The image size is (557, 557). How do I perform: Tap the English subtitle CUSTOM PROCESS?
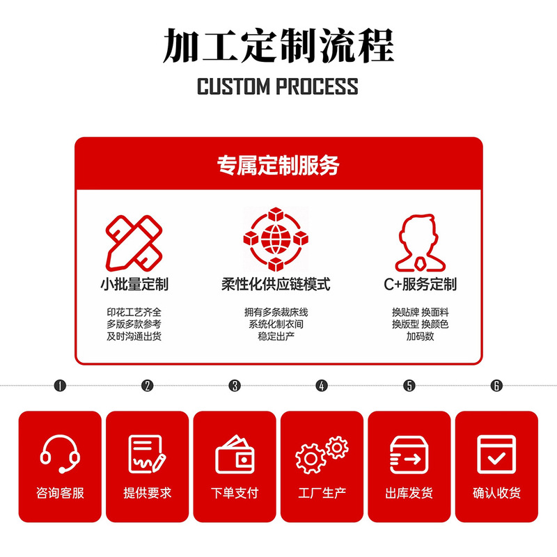(278, 87)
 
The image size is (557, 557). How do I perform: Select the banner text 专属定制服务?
(278, 166)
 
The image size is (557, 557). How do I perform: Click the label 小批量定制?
(134, 285)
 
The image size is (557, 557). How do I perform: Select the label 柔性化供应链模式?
(276, 285)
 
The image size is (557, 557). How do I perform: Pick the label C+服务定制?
(421, 285)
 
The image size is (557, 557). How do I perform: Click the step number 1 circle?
(60, 386)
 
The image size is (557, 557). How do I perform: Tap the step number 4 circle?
(322, 386)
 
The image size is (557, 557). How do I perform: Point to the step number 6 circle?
(496, 386)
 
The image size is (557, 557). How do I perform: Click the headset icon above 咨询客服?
(60, 453)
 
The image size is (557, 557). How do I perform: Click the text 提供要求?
(147, 493)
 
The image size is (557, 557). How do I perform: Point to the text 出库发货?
(409, 493)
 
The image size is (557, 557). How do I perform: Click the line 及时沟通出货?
(134, 336)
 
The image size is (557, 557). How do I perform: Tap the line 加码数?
(421, 336)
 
